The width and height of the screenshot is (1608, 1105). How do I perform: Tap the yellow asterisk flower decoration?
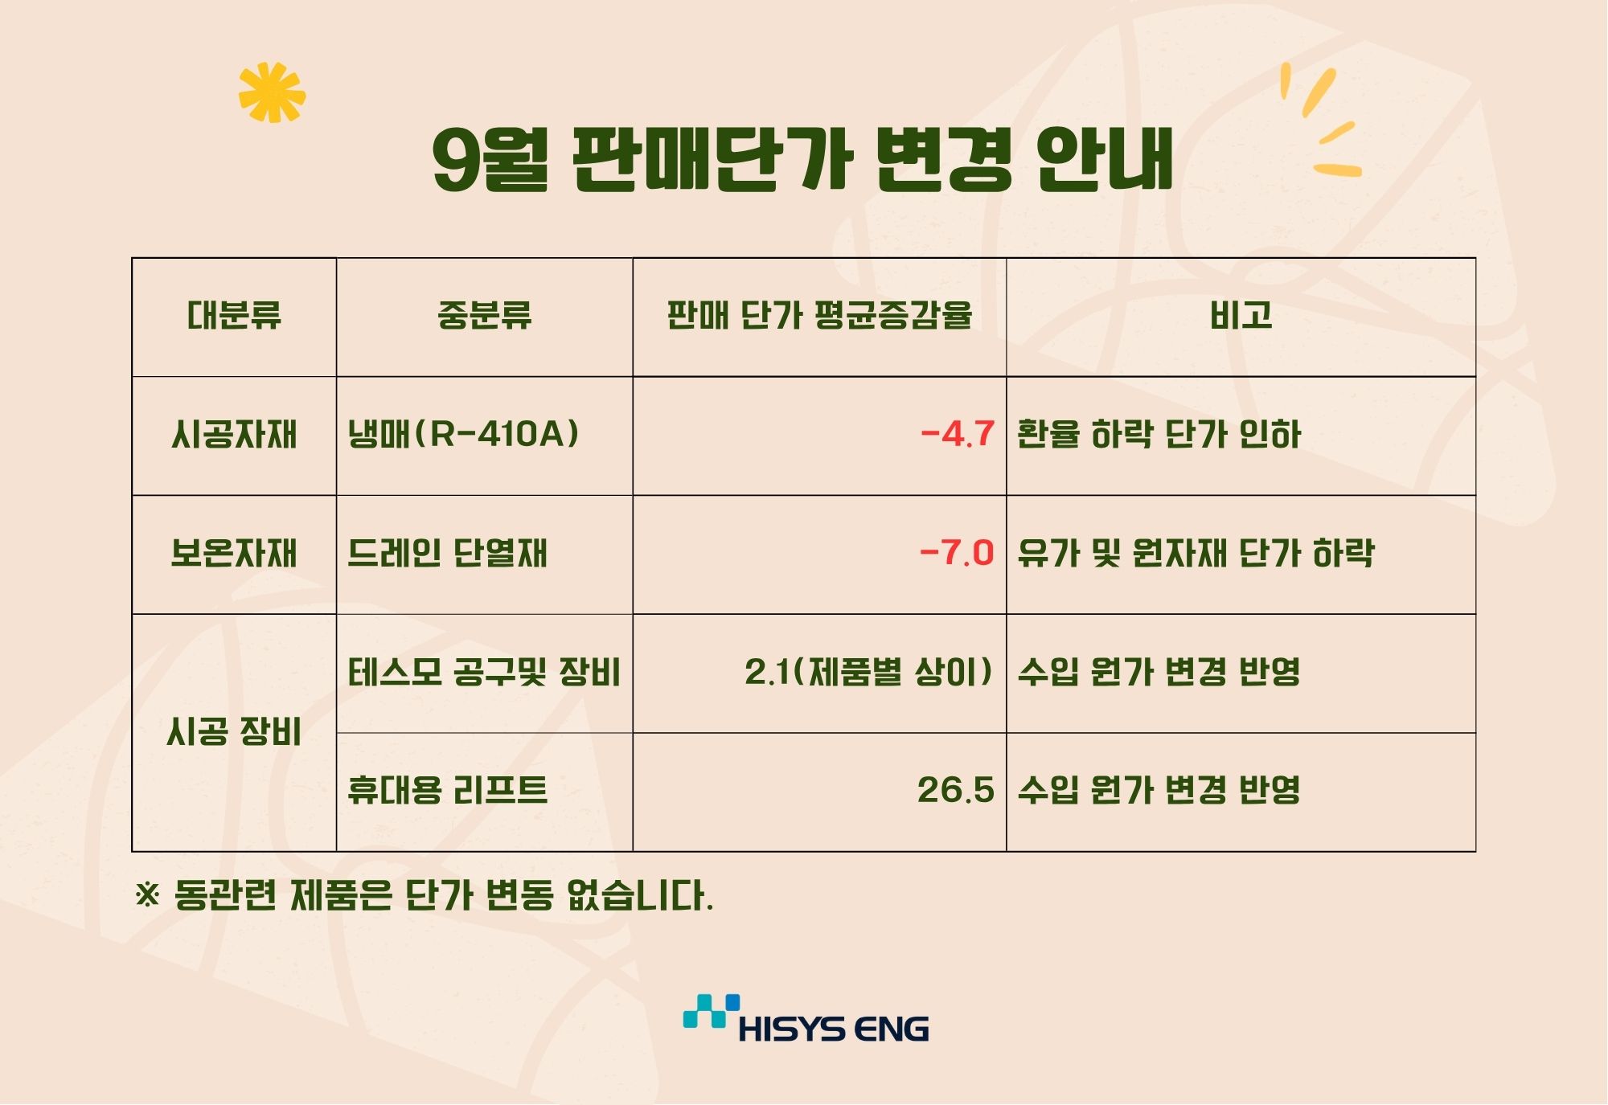pyautogui.click(x=273, y=92)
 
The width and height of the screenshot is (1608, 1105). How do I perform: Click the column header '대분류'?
pyautogui.click(x=234, y=315)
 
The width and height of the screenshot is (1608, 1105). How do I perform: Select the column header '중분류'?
pyautogui.click(x=484, y=315)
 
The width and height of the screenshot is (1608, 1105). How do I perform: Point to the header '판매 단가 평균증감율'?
pyautogui.click(x=819, y=315)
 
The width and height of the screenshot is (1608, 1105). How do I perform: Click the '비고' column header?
pyautogui.click(x=1241, y=315)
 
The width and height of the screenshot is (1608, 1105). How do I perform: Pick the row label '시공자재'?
pyautogui.click(x=234, y=435)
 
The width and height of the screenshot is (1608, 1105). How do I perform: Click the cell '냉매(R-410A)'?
pyautogui.click(x=463, y=435)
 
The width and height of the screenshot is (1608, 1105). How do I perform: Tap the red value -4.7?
pyautogui.click(x=958, y=435)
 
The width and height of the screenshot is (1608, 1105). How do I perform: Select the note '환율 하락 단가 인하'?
pyautogui.click(x=1159, y=435)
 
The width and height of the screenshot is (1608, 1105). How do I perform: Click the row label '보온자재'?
pyautogui.click(x=234, y=554)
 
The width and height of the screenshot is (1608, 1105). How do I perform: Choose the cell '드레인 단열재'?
pyautogui.click(x=447, y=554)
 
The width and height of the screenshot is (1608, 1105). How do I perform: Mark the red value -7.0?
pyautogui.click(x=958, y=554)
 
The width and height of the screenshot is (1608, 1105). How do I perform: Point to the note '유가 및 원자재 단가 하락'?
pyautogui.click(x=1196, y=554)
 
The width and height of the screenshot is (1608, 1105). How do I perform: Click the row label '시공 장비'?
pyautogui.click(x=234, y=732)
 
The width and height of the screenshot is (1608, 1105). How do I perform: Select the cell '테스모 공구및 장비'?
pyautogui.click(x=484, y=673)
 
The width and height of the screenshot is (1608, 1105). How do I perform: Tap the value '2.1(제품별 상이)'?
pyautogui.click(x=869, y=673)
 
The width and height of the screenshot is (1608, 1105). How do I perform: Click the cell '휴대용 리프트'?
pyautogui.click(x=447, y=791)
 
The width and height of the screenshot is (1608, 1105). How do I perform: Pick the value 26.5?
pyautogui.click(x=956, y=791)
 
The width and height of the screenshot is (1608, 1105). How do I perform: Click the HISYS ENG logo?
pyautogui.click(x=806, y=1019)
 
